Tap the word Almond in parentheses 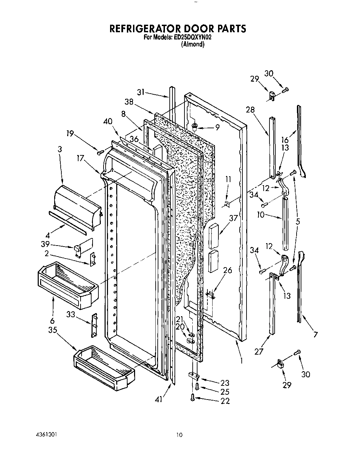point(193,44)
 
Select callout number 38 point(129,102)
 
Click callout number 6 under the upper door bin point(52,321)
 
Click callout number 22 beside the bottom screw point(225,401)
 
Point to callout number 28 point(250,110)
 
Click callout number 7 point(315,334)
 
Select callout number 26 point(227,270)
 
